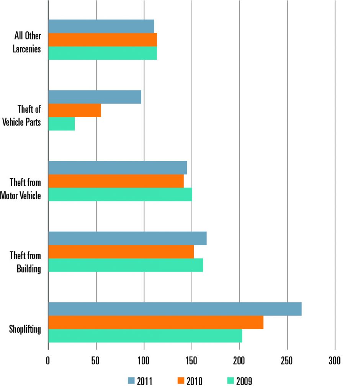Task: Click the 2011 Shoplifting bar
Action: click(x=175, y=309)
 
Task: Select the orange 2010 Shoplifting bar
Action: click(x=155, y=322)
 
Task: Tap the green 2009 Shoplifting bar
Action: click(x=145, y=336)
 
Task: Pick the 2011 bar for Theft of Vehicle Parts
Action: click(x=95, y=97)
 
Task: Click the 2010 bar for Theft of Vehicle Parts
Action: click(x=75, y=110)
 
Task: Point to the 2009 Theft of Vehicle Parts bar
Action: click(x=62, y=124)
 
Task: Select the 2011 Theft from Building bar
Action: click(x=128, y=238)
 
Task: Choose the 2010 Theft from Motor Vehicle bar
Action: click(x=116, y=181)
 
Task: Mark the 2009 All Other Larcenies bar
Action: click(x=103, y=53)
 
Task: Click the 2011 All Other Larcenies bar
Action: click(x=101, y=26)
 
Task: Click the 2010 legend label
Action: click(x=195, y=381)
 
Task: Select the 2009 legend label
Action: click(x=244, y=381)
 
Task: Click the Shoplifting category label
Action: click(x=26, y=329)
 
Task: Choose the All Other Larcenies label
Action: click(x=26, y=42)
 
